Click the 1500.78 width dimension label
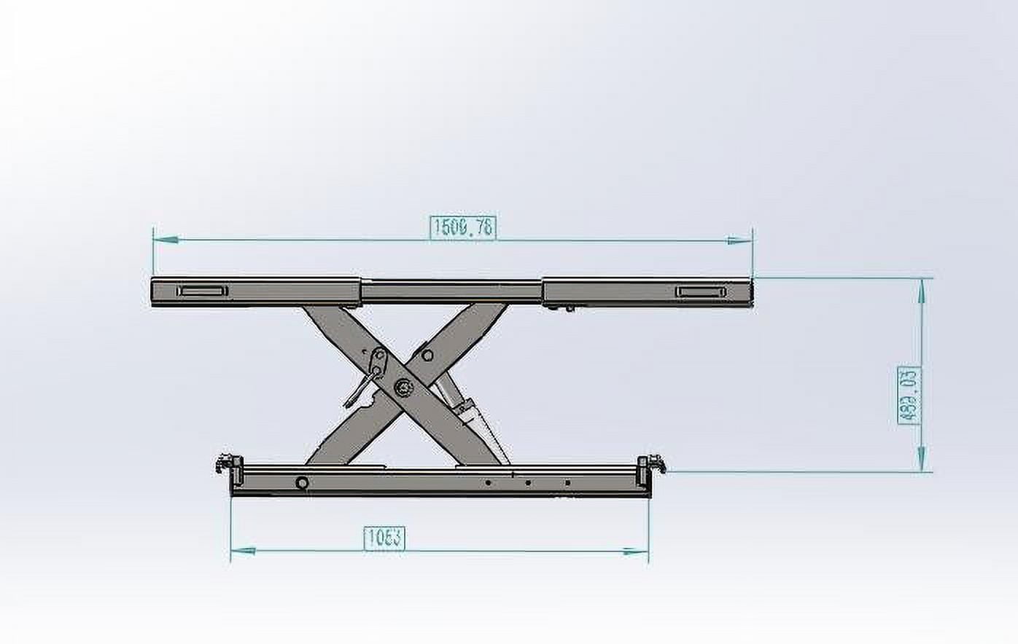point(464,227)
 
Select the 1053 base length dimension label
point(384,538)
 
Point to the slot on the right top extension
point(701,292)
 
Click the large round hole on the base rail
point(300,482)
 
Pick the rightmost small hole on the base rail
point(569,482)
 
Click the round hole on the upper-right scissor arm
point(427,356)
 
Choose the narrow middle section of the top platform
point(452,291)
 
